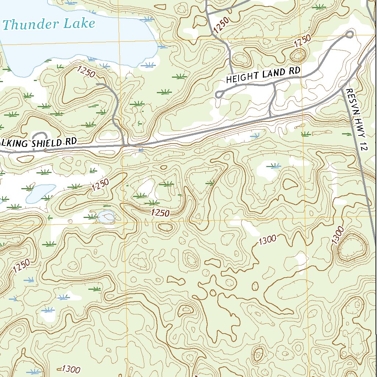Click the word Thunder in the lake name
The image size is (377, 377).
pos(31,25)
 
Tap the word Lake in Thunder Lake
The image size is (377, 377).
pos(80,24)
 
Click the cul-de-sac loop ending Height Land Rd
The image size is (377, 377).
pos(220,95)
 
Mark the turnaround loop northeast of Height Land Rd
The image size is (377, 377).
pos(349,35)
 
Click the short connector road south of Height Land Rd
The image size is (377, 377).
pos(272,99)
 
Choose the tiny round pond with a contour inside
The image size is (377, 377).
pos(106,216)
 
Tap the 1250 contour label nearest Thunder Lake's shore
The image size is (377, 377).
pos(86,71)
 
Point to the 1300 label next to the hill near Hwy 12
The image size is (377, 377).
pos(337,235)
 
